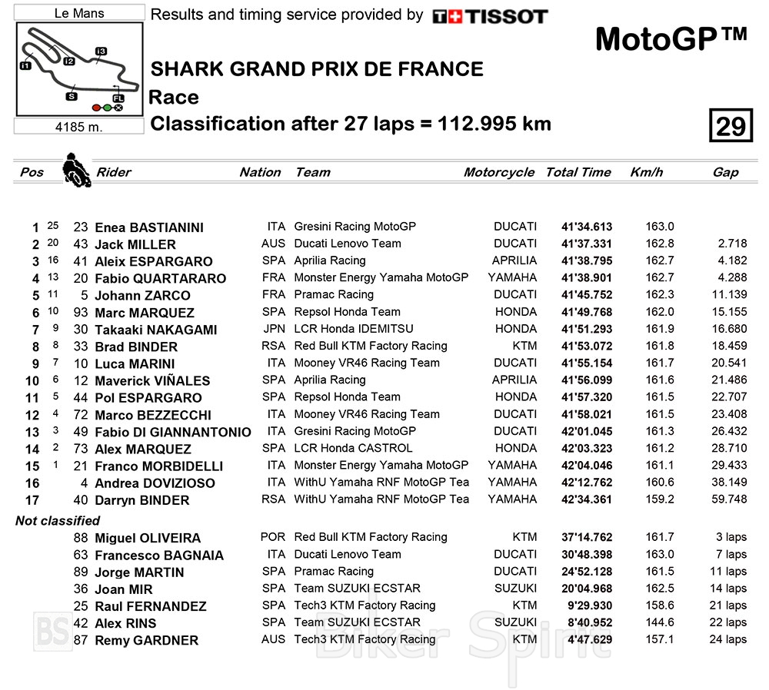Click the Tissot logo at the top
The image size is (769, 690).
tap(490, 16)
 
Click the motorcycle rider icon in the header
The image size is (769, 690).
tap(75, 170)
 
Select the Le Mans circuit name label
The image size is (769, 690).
tap(80, 13)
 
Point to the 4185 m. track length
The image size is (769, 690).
tap(79, 127)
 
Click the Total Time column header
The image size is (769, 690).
tap(578, 172)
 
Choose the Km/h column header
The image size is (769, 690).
tap(646, 172)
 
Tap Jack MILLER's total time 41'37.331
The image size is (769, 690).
tap(587, 244)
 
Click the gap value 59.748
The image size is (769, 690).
tap(727, 499)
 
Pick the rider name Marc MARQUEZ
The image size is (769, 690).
tap(145, 313)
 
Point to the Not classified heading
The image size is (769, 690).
tap(58, 521)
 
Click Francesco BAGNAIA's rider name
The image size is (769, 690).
tap(159, 555)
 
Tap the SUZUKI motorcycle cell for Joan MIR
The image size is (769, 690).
tap(514, 589)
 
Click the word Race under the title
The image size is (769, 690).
tap(174, 98)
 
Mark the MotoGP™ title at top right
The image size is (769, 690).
tap(671, 40)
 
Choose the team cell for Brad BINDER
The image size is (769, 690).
tap(371, 346)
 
